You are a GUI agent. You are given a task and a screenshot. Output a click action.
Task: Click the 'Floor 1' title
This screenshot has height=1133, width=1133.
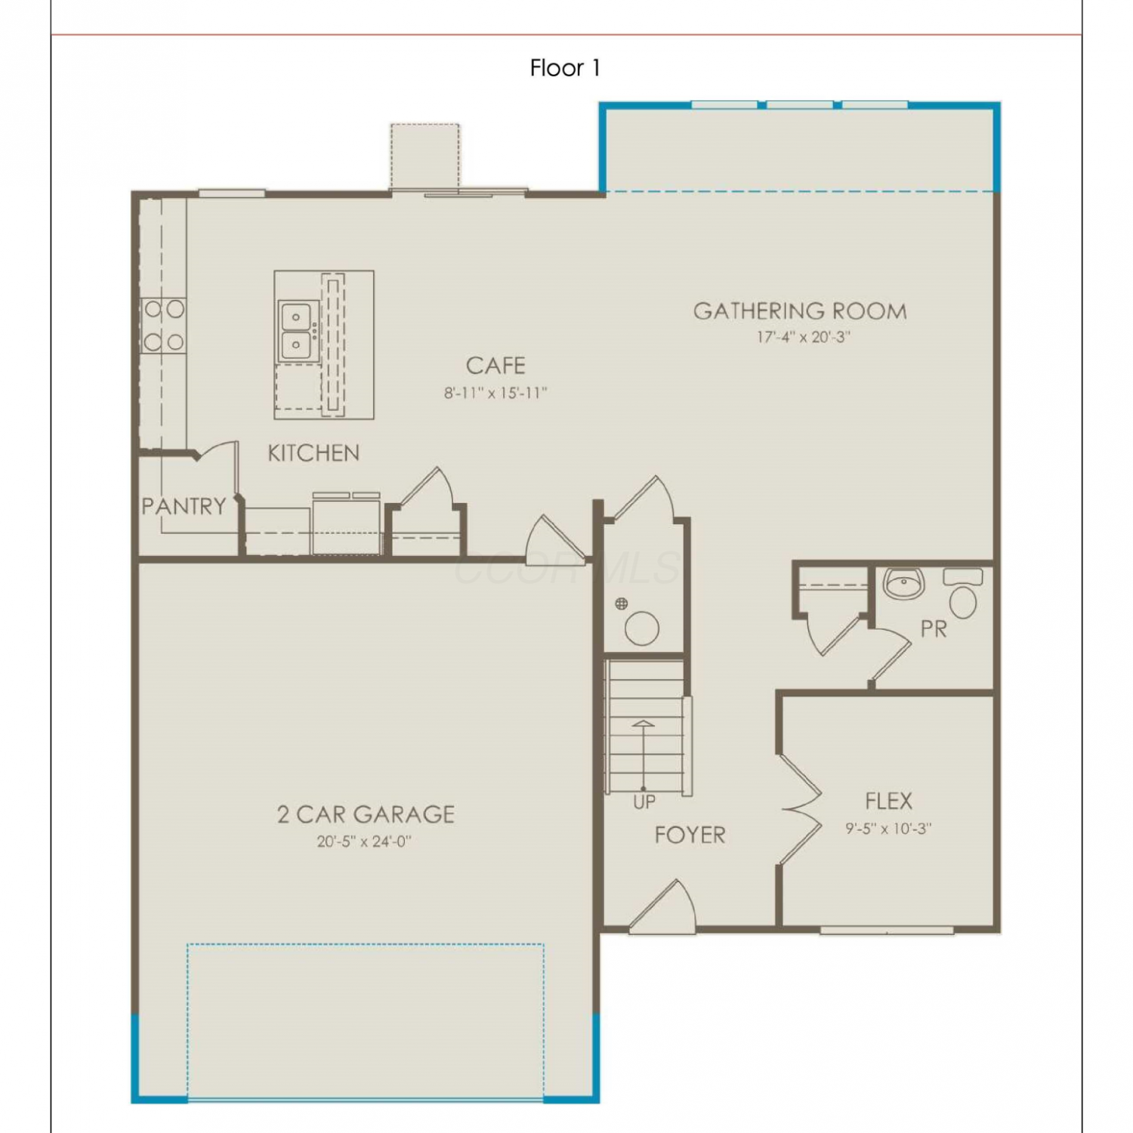click(565, 68)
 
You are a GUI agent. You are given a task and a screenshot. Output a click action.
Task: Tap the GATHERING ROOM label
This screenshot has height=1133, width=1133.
click(800, 311)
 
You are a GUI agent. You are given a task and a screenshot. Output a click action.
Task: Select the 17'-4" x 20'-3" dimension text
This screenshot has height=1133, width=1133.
click(804, 337)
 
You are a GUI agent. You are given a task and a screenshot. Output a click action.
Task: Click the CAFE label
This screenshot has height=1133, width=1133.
click(495, 366)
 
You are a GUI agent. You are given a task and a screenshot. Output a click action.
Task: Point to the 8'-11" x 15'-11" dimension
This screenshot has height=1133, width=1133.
click(495, 393)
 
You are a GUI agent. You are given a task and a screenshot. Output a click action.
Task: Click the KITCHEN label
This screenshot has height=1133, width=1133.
click(313, 453)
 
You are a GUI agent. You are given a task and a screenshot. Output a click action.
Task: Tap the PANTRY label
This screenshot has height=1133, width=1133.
click(184, 506)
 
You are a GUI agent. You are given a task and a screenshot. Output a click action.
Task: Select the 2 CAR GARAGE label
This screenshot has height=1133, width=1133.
click(366, 814)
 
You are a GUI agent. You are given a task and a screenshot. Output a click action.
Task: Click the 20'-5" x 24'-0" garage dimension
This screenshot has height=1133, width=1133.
click(364, 841)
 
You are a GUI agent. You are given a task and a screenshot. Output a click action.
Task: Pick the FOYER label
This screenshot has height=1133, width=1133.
click(690, 835)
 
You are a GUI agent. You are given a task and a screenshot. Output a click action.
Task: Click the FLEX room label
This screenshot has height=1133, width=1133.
click(888, 801)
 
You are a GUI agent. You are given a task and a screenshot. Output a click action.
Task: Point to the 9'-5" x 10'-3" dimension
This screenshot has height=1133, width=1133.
click(888, 828)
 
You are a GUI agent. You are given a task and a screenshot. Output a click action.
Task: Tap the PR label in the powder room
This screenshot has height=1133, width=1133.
click(934, 628)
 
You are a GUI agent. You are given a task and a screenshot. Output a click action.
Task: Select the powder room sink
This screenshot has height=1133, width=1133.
click(903, 583)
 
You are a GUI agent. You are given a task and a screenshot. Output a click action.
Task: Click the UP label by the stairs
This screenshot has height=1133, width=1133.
click(644, 802)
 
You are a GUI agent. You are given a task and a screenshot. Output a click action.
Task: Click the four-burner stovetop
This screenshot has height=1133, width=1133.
click(164, 326)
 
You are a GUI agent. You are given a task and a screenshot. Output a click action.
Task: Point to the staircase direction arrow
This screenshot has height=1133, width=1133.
click(644, 755)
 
